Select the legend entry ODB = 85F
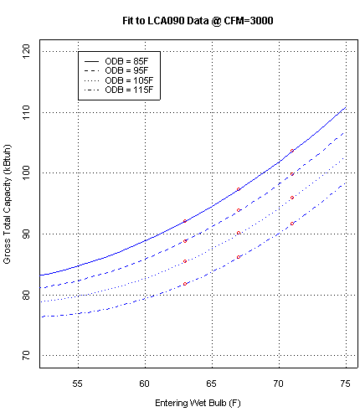tap(126, 62)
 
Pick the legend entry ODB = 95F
tap(126, 71)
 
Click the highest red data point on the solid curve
tap(292, 151)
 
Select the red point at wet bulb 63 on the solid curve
tap(185, 221)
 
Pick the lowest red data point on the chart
tap(185, 284)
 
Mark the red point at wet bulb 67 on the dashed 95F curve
tap(239, 210)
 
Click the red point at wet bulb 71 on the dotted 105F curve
tap(292, 198)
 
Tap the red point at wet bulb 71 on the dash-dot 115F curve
tap(292, 224)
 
